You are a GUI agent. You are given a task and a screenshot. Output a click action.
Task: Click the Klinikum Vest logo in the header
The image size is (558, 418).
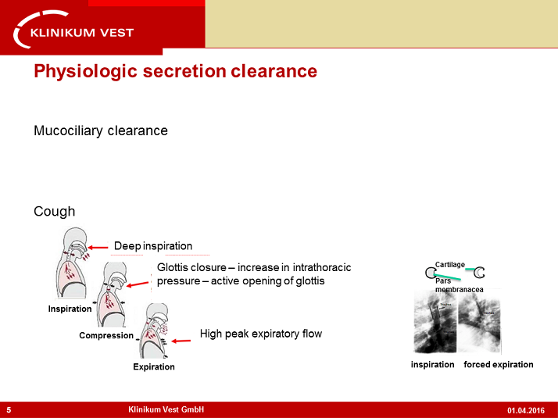tap(75, 29)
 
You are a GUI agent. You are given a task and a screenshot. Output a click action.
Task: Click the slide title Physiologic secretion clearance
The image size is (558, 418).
tap(175, 72)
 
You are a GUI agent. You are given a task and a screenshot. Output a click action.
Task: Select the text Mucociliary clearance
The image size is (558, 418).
tap(101, 130)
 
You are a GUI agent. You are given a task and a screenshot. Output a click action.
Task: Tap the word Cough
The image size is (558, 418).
tap(55, 212)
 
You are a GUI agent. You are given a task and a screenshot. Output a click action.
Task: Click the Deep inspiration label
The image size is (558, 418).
tap(153, 246)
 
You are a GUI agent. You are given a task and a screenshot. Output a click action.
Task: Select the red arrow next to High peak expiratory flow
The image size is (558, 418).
tap(181, 340)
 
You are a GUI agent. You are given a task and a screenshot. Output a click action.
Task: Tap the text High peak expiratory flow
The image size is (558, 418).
tap(261, 334)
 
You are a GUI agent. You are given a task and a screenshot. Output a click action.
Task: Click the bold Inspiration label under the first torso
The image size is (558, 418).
tap(70, 309)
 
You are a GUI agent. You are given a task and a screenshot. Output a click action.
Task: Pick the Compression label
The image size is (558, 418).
tap(106, 336)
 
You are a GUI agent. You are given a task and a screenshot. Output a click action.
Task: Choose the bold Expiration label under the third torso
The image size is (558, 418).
tap(154, 366)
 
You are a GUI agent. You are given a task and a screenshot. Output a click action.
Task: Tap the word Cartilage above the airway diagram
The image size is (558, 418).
tap(449, 264)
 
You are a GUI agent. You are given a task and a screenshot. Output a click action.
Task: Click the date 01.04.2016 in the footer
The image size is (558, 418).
tap(526, 410)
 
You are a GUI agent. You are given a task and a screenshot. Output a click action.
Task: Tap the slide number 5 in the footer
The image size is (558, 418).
tap(9, 410)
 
